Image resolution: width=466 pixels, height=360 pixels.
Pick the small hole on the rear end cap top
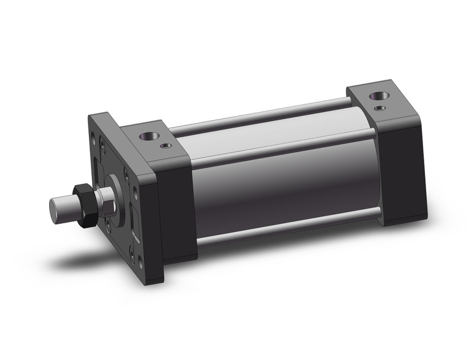point(381,108)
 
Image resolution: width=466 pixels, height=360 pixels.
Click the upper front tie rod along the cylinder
point(282,143)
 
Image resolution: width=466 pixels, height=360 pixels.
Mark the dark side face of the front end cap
point(178,209)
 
